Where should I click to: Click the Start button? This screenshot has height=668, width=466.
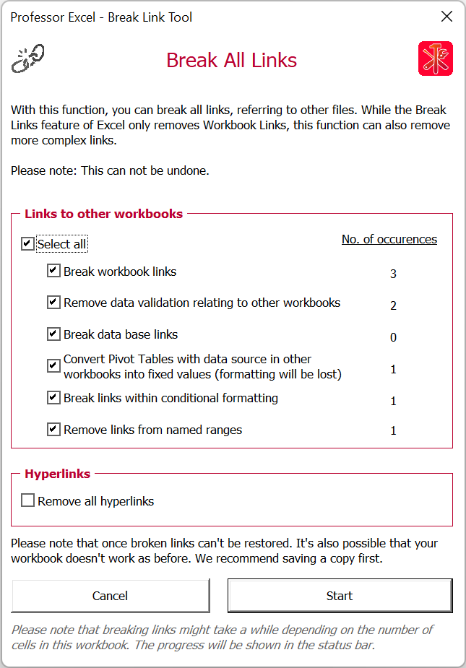340,596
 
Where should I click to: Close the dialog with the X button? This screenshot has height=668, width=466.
447,17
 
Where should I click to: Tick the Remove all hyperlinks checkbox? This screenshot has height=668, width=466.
28,500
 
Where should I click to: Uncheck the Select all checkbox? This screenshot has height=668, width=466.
27,244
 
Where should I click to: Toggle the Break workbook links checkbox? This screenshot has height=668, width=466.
53,271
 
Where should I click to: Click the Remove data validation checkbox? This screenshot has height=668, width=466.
53,303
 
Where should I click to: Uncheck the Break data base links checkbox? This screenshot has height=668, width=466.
53,334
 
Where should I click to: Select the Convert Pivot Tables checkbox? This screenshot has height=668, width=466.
53,365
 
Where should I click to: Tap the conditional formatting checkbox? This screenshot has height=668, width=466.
53,397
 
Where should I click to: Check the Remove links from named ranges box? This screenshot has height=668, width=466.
53,429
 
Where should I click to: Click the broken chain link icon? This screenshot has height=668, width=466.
28,58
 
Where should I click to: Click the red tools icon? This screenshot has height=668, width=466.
436,58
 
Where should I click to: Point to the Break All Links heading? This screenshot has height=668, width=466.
231,60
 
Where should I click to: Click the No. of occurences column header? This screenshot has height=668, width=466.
389,239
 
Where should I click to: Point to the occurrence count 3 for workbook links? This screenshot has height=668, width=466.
393,274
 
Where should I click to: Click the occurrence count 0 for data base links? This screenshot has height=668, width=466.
393,337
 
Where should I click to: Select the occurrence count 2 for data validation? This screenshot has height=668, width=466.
393,305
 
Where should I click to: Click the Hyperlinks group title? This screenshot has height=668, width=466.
58,474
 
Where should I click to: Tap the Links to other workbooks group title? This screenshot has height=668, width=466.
103,214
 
